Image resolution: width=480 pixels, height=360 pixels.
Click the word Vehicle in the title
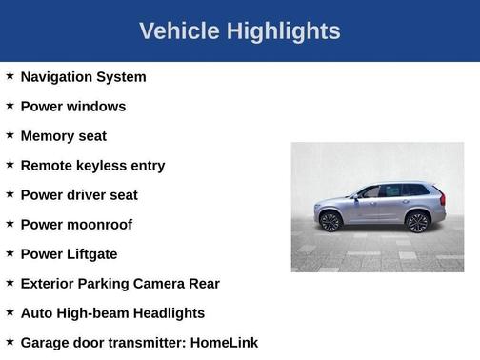click(x=180, y=31)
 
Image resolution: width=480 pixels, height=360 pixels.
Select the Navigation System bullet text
click(x=83, y=77)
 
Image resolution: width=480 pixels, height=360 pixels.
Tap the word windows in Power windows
click(x=95, y=107)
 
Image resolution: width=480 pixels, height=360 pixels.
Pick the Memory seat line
click(x=63, y=136)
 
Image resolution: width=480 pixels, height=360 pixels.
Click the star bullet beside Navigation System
click(x=10, y=75)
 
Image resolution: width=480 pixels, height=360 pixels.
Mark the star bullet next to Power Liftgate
click(x=10, y=252)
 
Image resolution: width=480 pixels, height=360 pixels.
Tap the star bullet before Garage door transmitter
click(x=10, y=341)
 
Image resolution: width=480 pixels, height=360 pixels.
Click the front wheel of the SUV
click(x=330, y=222)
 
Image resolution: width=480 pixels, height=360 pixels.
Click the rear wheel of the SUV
click(x=416, y=222)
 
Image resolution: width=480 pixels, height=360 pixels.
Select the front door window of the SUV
click(x=371, y=192)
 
